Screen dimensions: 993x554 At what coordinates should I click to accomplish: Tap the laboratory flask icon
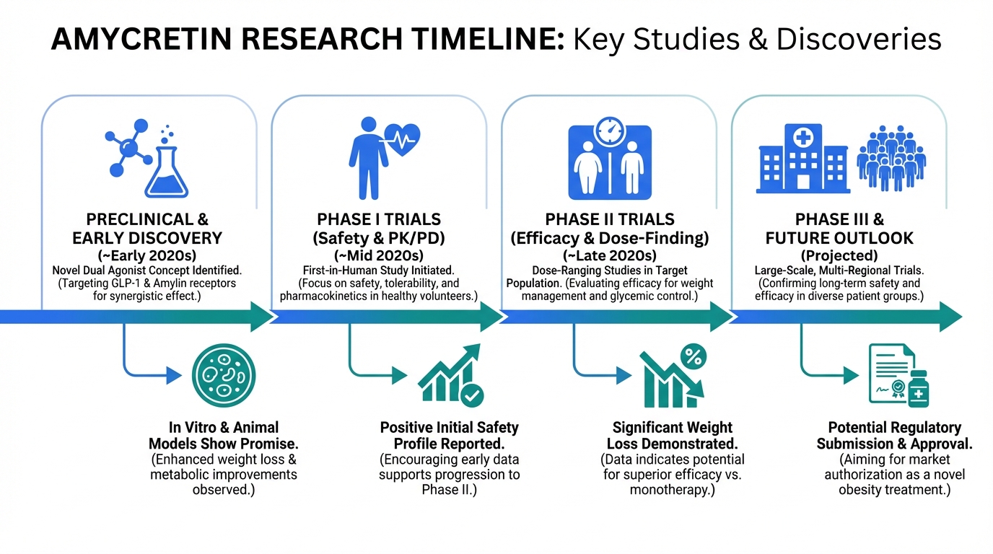[x=166, y=172]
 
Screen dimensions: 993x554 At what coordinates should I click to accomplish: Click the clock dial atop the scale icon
[x=610, y=131]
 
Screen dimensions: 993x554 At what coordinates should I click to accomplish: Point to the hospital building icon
[x=802, y=158]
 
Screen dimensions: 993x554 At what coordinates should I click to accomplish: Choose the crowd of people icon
[x=891, y=158]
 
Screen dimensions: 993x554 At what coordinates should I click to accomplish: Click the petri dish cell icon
[x=224, y=376]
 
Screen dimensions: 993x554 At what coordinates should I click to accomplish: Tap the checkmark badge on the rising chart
[x=472, y=395]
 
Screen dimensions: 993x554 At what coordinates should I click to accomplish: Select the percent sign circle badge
[x=694, y=357]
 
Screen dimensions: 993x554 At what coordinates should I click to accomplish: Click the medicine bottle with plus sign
[x=918, y=389]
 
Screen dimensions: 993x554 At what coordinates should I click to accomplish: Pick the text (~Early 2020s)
[x=146, y=256]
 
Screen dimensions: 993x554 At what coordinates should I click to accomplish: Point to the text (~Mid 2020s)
[x=379, y=256]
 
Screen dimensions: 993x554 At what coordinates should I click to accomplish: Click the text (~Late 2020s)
[x=610, y=256]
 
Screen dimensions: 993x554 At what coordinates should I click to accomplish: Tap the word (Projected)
[x=839, y=256]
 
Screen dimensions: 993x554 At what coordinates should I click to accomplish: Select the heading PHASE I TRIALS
[x=379, y=219]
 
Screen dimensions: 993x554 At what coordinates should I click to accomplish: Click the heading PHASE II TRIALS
[x=610, y=219]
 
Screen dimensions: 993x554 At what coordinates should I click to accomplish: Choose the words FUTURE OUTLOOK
[x=839, y=239]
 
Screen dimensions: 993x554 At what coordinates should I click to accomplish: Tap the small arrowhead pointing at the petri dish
[x=174, y=376]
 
